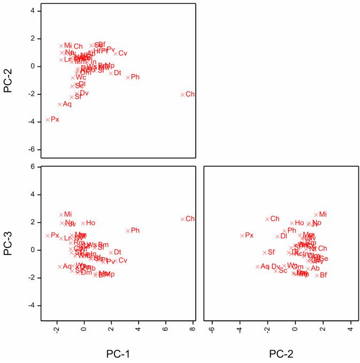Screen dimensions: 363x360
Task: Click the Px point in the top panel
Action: click(48, 120)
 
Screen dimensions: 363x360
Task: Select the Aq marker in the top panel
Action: click(60, 104)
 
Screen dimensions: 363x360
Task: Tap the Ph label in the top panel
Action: click(135, 78)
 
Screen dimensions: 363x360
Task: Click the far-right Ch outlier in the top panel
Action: click(182, 95)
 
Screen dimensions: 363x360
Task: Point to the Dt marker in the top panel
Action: click(111, 73)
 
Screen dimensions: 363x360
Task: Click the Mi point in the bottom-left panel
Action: click(62, 214)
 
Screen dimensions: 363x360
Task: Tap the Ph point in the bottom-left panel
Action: click(128, 230)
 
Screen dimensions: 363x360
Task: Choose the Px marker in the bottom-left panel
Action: click(48, 235)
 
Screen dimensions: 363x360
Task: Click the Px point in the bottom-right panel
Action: click(242, 235)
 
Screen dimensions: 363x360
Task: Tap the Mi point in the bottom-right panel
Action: click(316, 214)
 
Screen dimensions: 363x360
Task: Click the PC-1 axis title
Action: click(116, 353)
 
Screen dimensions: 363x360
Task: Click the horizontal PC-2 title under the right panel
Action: click(281, 353)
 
